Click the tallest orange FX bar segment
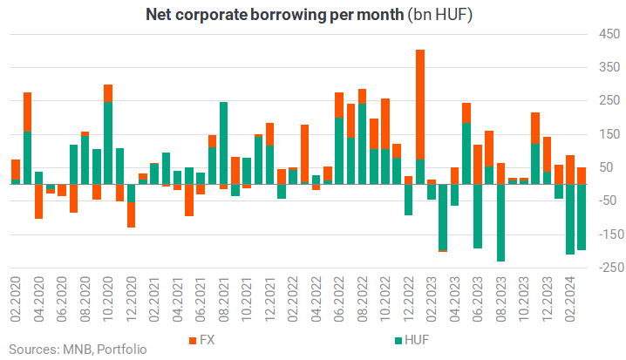tap(420, 105)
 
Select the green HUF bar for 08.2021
tap(223, 143)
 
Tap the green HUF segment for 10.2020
tap(108, 143)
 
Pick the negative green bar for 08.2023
tap(500, 222)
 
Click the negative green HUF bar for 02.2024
tap(570, 219)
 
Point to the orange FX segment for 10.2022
tap(385, 124)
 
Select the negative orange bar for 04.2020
tap(38, 201)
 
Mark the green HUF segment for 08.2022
tap(363, 144)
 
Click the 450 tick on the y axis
tap(609, 34)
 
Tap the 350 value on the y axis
tap(609, 67)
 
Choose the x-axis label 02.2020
tap(16, 299)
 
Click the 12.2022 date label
tap(408, 299)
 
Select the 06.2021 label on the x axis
tap(201, 299)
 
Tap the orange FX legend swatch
tap(193, 341)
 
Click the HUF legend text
tap(417, 340)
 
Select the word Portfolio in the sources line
tap(122, 350)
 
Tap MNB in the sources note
tap(78, 350)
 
